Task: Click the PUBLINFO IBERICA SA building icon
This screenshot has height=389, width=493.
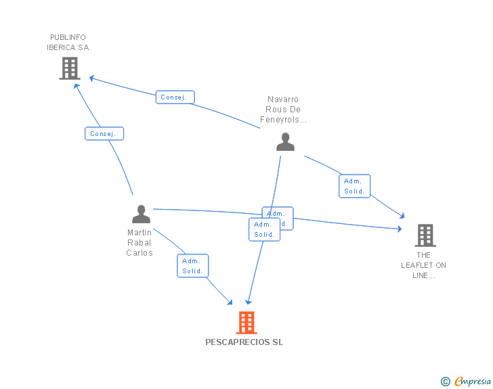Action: point(70,68)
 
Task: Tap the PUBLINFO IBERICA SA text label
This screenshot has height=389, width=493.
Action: point(68,43)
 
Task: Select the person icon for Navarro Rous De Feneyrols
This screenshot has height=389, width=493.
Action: point(285,141)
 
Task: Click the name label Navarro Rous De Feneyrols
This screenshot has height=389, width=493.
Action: point(284,110)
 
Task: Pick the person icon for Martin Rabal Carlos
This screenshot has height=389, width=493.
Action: point(141,214)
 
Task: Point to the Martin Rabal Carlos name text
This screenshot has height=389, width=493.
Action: point(140,243)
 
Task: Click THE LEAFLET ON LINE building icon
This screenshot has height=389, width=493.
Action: point(425,235)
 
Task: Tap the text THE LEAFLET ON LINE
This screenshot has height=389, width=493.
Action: point(423,265)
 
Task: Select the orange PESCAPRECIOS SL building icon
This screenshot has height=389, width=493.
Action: point(246,323)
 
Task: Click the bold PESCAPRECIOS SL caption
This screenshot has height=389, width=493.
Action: point(244,342)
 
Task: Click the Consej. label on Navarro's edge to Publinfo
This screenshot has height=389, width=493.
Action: point(175,97)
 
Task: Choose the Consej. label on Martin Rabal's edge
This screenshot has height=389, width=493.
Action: point(104,134)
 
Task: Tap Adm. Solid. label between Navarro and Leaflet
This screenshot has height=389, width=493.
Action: point(354,186)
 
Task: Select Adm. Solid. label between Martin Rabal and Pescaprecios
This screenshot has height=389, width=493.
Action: point(193,266)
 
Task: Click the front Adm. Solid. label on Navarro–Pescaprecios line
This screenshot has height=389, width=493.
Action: point(264,229)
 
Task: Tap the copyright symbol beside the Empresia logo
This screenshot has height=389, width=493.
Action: point(446,382)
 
